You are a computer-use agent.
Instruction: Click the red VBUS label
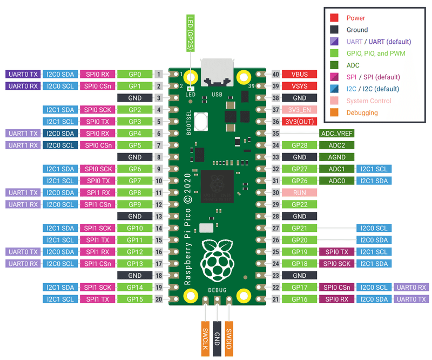[x=299, y=74]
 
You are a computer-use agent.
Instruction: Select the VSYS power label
[x=299, y=86]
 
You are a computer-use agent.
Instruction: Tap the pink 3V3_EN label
[x=299, y=110]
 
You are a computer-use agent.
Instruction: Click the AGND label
[x=337, y=157]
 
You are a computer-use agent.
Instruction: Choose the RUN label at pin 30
[x=299, y=192]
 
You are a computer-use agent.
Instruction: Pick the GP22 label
[x=299, y=204]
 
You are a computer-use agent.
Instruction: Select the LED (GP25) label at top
[x=190, y=32]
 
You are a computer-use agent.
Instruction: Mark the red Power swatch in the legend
[x=334, y=18]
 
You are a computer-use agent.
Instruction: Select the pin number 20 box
[x=159, y=299]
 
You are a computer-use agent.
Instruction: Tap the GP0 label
[x=134, y=74]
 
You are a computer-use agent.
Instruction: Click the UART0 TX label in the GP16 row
[x=411, y=299]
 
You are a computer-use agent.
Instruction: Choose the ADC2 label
[x=337, y=145]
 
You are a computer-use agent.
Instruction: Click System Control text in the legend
[x=369, y=101]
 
